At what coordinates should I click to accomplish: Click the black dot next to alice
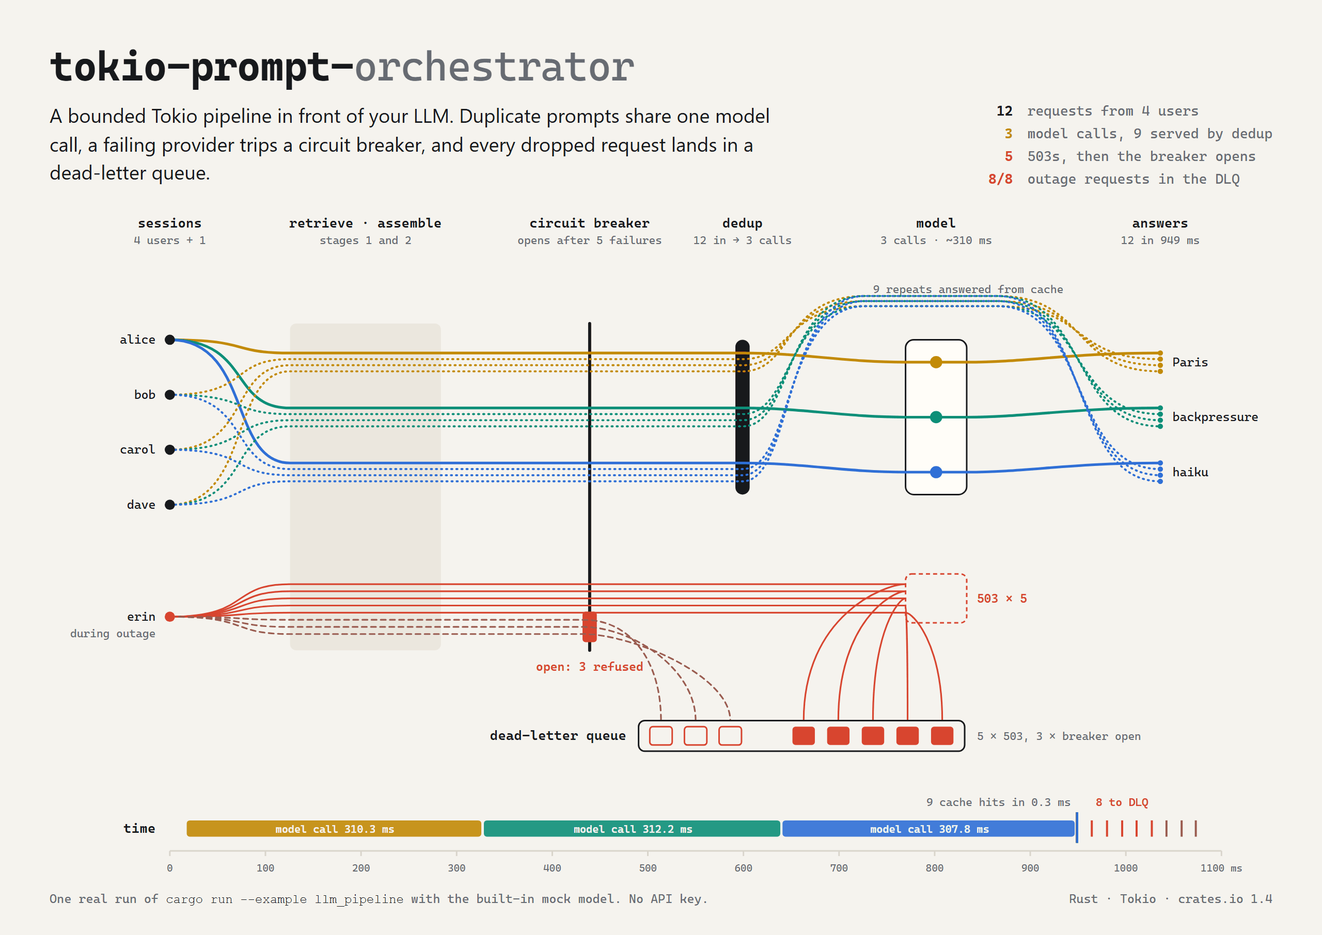pyautogui.click(x=170, y=340)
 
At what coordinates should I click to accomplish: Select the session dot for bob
pyautogui.click(x=170, y=394)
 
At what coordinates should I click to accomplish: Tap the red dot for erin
pyautogui.click(x=170, y=617)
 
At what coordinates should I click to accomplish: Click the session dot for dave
pyautogui.click(x=170, y=504)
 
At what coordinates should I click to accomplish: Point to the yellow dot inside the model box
pyautogui.click(x=936, y=362)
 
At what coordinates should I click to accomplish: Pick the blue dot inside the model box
pyautogui.click(x=936, y=472)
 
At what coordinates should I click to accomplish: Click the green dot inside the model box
pyautogui.click(x=936, y=417)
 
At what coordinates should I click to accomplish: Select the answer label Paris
pyautogui.click(x=1190, y=362)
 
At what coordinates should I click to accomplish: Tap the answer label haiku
pyautogui.click(x=1190, y=472)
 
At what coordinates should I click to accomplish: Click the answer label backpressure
pyautogui.click(x=1215, y=417)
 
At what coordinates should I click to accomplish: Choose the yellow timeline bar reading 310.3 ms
pyautogui.click(x=334, y=829)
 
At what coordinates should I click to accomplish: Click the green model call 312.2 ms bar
pyautogui.click(x=632, y=829)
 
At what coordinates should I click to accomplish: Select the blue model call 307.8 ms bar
pyautogui.click(x=928, y=829)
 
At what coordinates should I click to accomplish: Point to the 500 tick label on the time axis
pyautogui.click(x=648, y=867)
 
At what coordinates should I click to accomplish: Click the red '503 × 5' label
pyautogui.click(x=1002, y=598)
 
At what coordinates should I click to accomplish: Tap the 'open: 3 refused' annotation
pyautogui.click(x=589, y=666)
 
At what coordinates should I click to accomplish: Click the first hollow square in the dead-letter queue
pyautogui.click(x=660, y=736)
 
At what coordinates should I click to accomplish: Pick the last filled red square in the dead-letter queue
pyautogui.click(x=942, y=736)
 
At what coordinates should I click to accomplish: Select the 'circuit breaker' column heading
pyautogui.click(x=589, y=223)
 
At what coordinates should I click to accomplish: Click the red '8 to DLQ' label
pyautogui.click(x=1122, y=802)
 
